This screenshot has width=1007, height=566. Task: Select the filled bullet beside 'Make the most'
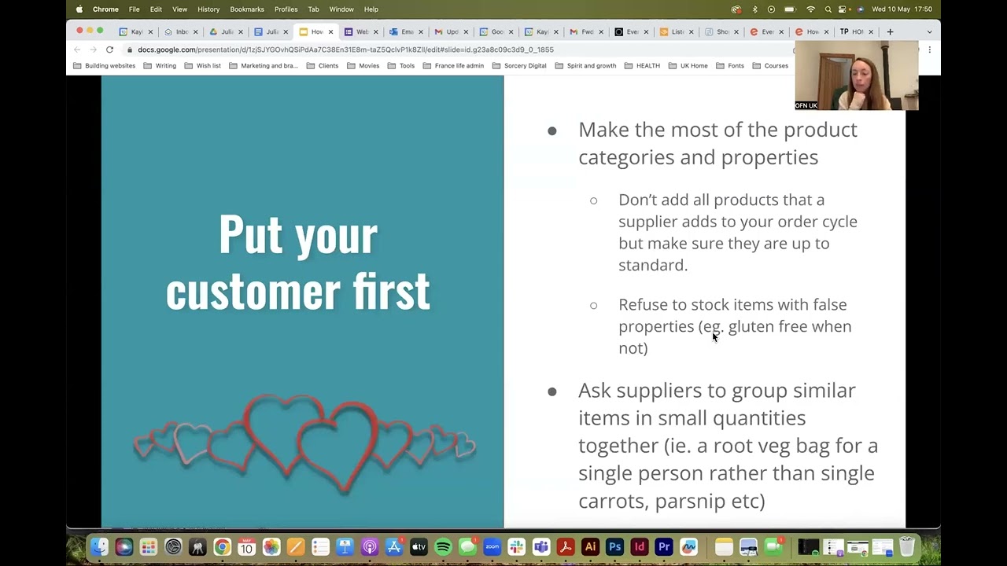[x=552, y=130]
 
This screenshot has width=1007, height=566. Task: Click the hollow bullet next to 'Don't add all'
[x=594, y=200]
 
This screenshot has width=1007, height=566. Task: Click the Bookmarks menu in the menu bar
[x=247, y=9]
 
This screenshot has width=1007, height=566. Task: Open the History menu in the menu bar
[x=208, y=9]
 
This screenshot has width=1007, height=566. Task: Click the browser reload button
[x=109, y=50]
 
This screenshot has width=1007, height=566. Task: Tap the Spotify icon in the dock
[x=443, y=547]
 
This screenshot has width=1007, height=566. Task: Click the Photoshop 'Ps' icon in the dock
[x=615, y=547]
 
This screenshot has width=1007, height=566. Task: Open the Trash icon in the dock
[x=906, y=547]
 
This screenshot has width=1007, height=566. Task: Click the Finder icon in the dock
[x=99, y=547]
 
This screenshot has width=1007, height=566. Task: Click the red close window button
[x=79, y=31]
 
